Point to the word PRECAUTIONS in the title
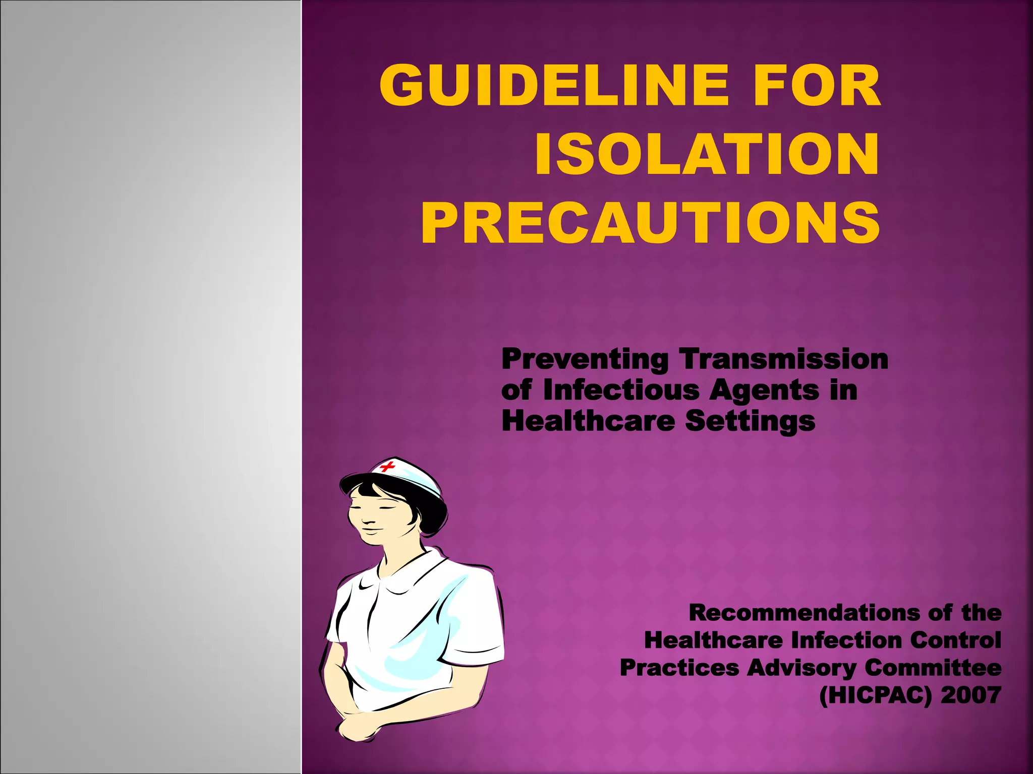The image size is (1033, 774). coord(651,223)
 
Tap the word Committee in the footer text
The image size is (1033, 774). coord(933,668)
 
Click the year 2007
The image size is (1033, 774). coord(970,695)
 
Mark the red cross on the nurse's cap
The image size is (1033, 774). coord(387,466)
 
